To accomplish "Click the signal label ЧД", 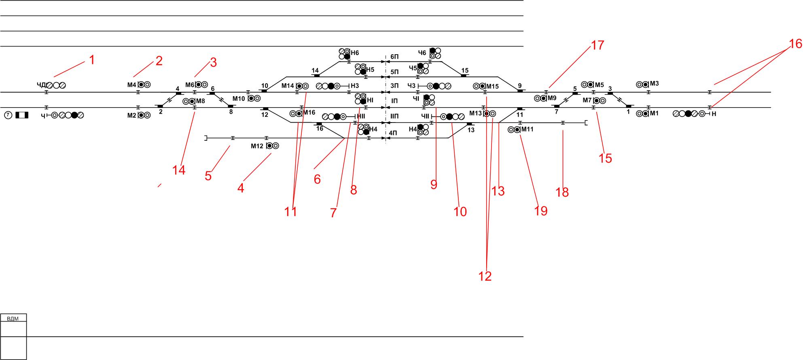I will pyautogui.click(x=42, y=85).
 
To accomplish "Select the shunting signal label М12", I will pyautogui.click(x=257, y=146).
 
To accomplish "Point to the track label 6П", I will pyautogui.click(x=394, y=57).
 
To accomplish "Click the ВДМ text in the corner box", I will pyautogui.click(x=13, y=319).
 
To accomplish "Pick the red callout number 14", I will pyautogui.click(x=178, y=170).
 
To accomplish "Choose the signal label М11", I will pyautogui.click(x=528, y=129).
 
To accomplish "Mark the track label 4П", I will pyautogui.click(x=393, y=133).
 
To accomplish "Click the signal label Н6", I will pyautogui.click(x=355, y=53).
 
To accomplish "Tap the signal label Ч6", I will pyautogui.click(x=422, y=53).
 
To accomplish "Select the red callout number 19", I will pyautogui.click(x=541, y=211).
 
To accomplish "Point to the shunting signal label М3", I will pyautogui.click(x=655, y=84).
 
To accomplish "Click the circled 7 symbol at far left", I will pyautogui.click(x=8, y=115).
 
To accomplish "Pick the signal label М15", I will pyautogui.click(x=492, y=86).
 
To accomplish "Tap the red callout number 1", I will pyautogui.click(x=92, y=60).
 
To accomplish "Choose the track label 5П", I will pyautogui.click(x=394, y=72).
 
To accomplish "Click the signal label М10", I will pyautogui.click(x=239, y=98).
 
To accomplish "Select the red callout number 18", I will pyautogui.click(x=562, y=192).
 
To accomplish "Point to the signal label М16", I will pyautogui.click(x=309, y=112).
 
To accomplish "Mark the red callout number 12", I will pyautogui.click(x=485, y=276).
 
